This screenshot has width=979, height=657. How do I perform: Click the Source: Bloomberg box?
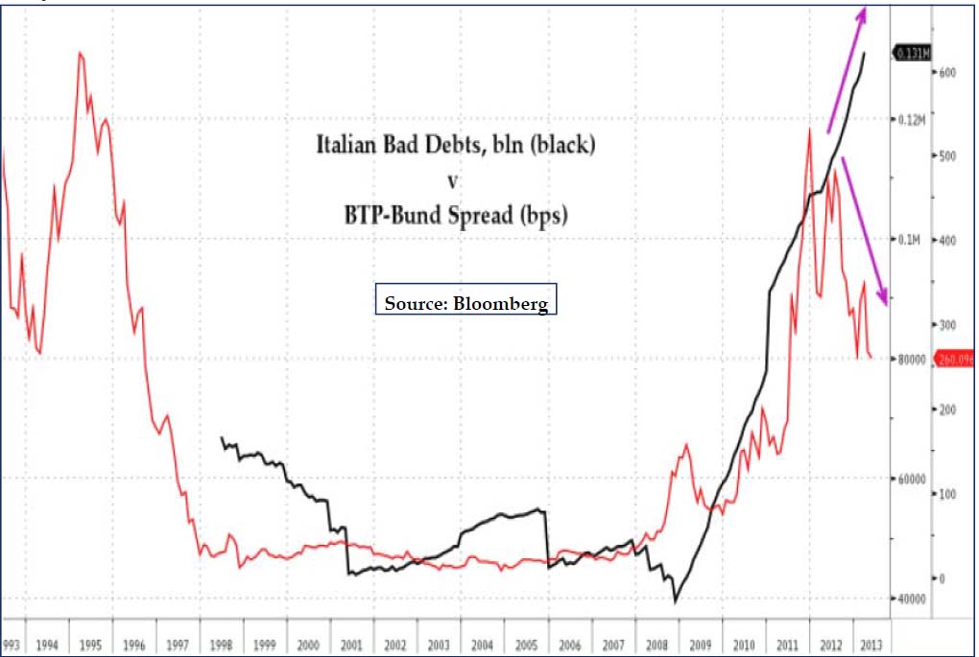tap(466, 303)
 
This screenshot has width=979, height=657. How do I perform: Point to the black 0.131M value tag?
tap(911, 54)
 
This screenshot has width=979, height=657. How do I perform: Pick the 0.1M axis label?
tap(910, 239)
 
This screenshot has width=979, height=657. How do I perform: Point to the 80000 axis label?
tap(912, 359)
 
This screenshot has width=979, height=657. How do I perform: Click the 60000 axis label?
tap(912, 479)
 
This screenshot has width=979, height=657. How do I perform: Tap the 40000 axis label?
tap(912, 598)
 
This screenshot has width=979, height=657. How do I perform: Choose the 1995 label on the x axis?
tap(91, 645)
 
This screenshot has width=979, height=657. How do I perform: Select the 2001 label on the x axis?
tap(352, 645)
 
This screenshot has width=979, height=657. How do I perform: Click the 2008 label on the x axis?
tap(657, 645)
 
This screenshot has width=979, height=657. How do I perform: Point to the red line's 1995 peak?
tap(80, 53)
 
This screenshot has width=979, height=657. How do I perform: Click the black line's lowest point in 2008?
tap(675, 601)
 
